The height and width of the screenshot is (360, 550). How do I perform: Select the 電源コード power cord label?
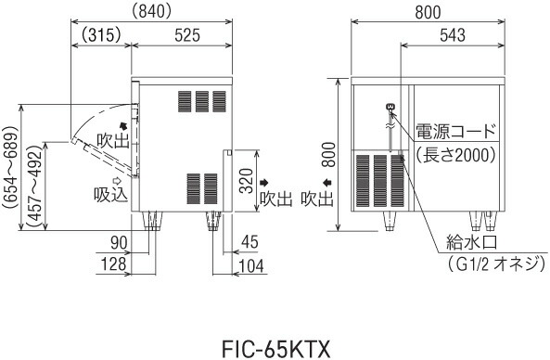click(x=456, y=130)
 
